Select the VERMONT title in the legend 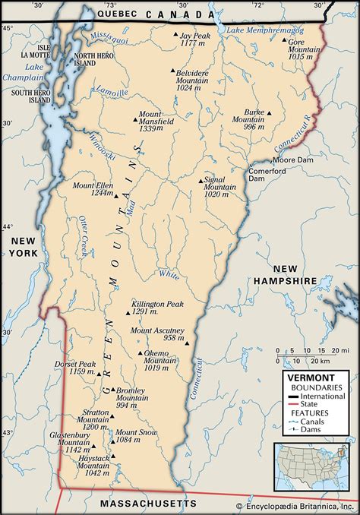tap(307, 378)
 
